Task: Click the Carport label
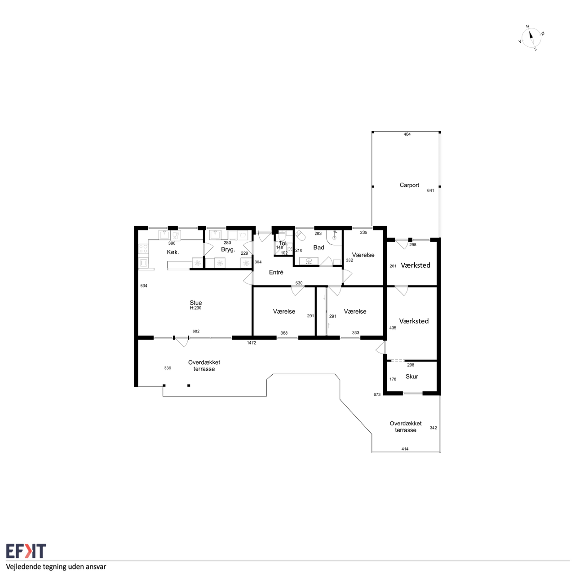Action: click(x=409, y=185)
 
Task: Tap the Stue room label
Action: click(x=196, y=303)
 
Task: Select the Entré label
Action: click(x=276, y=272)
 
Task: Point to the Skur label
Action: click(x=412, y=376)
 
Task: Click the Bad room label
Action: click(x=318, y=248)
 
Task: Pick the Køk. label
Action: click(x=173, y=252)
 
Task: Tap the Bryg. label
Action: click(x=228, y=250)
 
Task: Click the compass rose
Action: click(x=531, y=38)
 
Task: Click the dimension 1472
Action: click(x=252, y=343)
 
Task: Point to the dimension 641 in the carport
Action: click(x=431, y=190)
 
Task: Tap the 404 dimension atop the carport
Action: click(x=407, y=134)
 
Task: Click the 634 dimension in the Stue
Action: click(x=144, y=286)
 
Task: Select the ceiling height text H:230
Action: click(x=196, y=308)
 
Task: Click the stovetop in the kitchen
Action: click(x=144, y=248)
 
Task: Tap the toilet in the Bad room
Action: click(x=301, y=235)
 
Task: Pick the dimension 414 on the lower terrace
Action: click(x=405, y=449)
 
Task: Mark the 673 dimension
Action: click(x=377, y=394)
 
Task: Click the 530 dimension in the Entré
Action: click(x=299, y=283)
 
